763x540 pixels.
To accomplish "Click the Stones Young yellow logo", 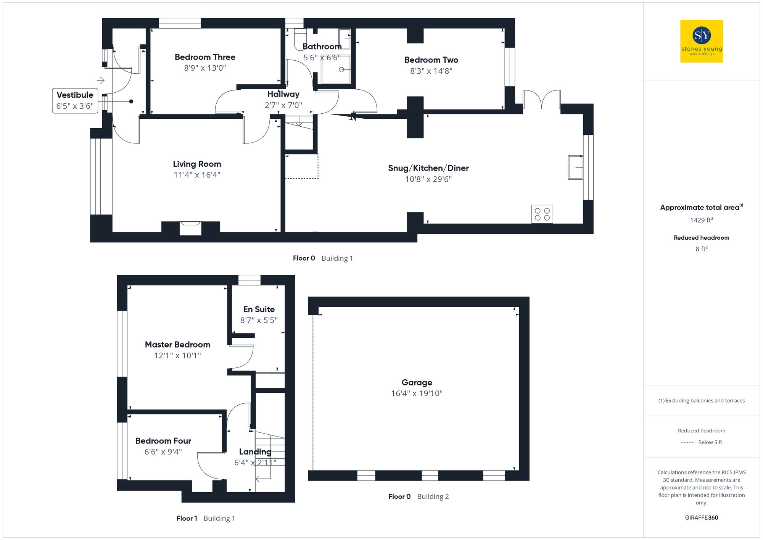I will click(701, 41).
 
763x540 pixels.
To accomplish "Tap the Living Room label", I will click(197, 164).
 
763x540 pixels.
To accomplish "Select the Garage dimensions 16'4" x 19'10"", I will click(417, 393).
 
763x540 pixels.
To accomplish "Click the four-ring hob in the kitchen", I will click(542, 214).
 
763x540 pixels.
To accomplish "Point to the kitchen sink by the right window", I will click(575, 167).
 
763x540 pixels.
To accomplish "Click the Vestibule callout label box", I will click(75, 101).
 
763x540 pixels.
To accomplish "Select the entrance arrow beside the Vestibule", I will click(101, 81).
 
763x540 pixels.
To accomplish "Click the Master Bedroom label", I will click(177, 345).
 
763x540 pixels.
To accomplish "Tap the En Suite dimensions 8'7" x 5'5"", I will click(259, 321).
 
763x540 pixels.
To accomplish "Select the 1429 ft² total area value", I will click(701, 220).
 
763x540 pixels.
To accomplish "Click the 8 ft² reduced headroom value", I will click(701, 249).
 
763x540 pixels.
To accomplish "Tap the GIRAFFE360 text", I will click(701, 518).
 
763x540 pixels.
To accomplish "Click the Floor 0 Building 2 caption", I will click(418, 496).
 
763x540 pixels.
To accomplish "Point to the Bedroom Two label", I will click(431, 60).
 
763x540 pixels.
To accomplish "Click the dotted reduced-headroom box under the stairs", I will click(301, 166).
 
